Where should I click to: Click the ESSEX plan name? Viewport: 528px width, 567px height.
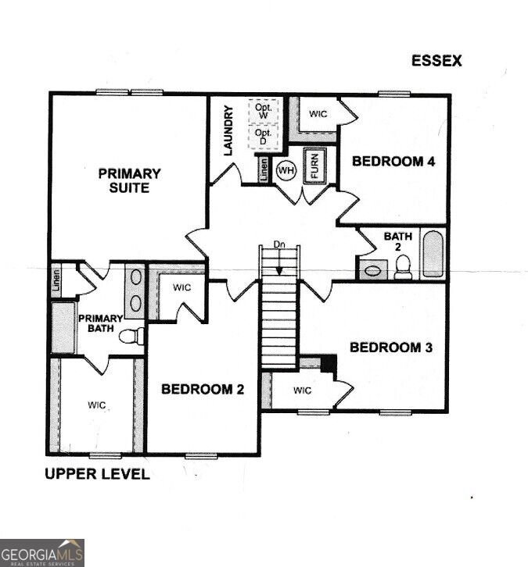pyautogui.click(x=436, y=61)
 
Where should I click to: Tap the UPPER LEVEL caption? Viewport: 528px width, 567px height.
pyautogui.click(x=97, y=474)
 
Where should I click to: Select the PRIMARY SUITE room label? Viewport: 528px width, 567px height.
pyautogui.click(x=129, y=180)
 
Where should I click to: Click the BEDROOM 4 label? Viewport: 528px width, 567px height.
pyautogui.click(x=393, y=161)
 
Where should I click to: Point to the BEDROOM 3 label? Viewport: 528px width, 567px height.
pyautogui.click(x=391, y=347)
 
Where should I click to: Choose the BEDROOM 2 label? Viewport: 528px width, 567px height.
pyautogui.click(x=203, y=389)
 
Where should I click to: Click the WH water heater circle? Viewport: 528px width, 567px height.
pyautogui.click(x=286, y=170)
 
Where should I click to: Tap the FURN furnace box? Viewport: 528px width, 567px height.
pyautogui.click(x=314, y=166)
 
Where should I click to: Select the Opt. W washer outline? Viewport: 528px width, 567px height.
pyautogui.click(x=264, y=111)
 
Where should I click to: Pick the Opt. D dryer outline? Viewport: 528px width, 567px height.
pyautogui.click(x=264, y=137)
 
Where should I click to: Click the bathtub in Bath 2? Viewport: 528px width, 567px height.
pyautogui.click(x=433, y=254)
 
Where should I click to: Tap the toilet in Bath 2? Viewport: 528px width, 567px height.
pyautogui.click(x=403, y=267)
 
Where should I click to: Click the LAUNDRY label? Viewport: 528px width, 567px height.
pyautogui.click(x=228, y=130)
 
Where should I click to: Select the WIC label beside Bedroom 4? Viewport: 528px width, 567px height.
pyautogui.click(x=318, y=114)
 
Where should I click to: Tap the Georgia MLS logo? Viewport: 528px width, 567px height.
pyautogui.click(x=42, y=553)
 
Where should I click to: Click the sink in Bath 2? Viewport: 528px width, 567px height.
pyautogui.click(x=372, y=270)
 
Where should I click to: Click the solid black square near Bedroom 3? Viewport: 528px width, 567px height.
pyautogui.click(x=329, y=363)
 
